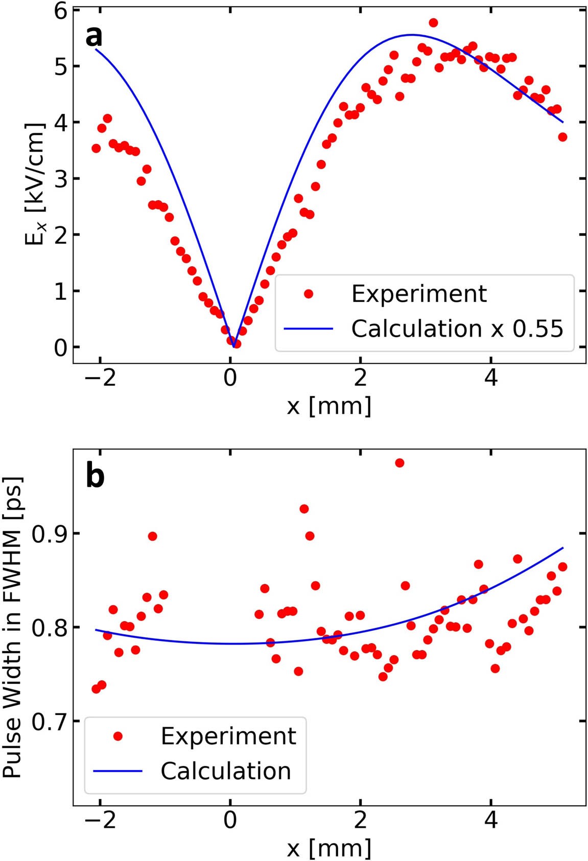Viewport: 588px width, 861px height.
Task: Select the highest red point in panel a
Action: tap(433, 22)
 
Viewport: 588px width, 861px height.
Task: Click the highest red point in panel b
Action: tap(399, 463)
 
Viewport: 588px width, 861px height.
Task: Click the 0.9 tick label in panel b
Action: tap(49, 534)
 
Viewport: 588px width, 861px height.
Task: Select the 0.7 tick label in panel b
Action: tap(49, 722)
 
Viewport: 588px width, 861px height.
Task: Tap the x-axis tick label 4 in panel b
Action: tap(490, 820)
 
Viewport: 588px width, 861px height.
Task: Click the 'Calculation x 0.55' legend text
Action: tap(457, 329)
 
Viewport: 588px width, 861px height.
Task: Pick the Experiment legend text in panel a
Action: tap(419, 294)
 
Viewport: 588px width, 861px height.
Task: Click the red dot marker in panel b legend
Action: tap(118, 736)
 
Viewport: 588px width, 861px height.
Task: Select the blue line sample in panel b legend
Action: tap(117, 771)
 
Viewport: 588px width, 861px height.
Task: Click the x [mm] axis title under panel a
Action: tap(329, 406)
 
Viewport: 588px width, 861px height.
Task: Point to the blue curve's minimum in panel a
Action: tap(234, 347)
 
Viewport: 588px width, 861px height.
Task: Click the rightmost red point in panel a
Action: tap(562, 137)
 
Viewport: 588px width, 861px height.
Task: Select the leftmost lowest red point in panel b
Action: tap(96, 689)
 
